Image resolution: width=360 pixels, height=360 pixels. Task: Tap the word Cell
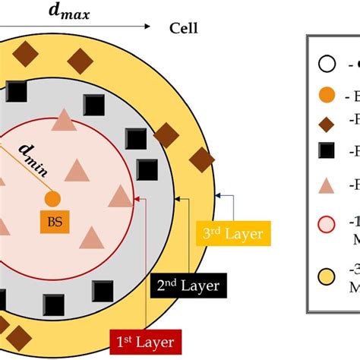coord(182,29)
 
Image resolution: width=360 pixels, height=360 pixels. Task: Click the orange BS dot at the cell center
coord(52,199)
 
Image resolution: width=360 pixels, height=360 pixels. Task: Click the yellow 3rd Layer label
coord(234,234)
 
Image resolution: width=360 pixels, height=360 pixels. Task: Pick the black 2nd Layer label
coord(188,286)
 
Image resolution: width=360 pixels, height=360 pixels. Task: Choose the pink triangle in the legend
coord(326,185)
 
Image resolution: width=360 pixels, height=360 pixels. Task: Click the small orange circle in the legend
coord(326,96)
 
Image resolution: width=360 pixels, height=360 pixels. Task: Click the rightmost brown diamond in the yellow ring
coord(202,159)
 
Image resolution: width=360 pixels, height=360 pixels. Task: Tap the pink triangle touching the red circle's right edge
coord(121,196)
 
